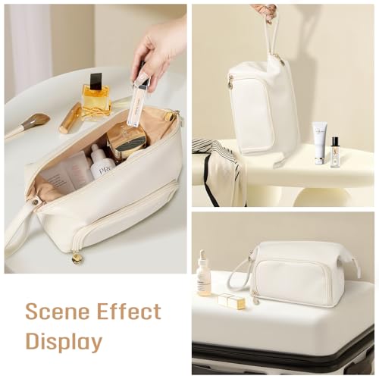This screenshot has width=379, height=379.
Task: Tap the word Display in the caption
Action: tap(64, 341)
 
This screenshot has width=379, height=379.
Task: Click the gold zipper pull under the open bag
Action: tap(77, 258)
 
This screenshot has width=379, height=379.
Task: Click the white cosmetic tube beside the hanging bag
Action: tap(321, 143)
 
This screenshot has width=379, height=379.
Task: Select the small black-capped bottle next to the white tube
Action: tap(335, 151)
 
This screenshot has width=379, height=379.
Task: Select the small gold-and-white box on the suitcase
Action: tap(232, 302)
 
